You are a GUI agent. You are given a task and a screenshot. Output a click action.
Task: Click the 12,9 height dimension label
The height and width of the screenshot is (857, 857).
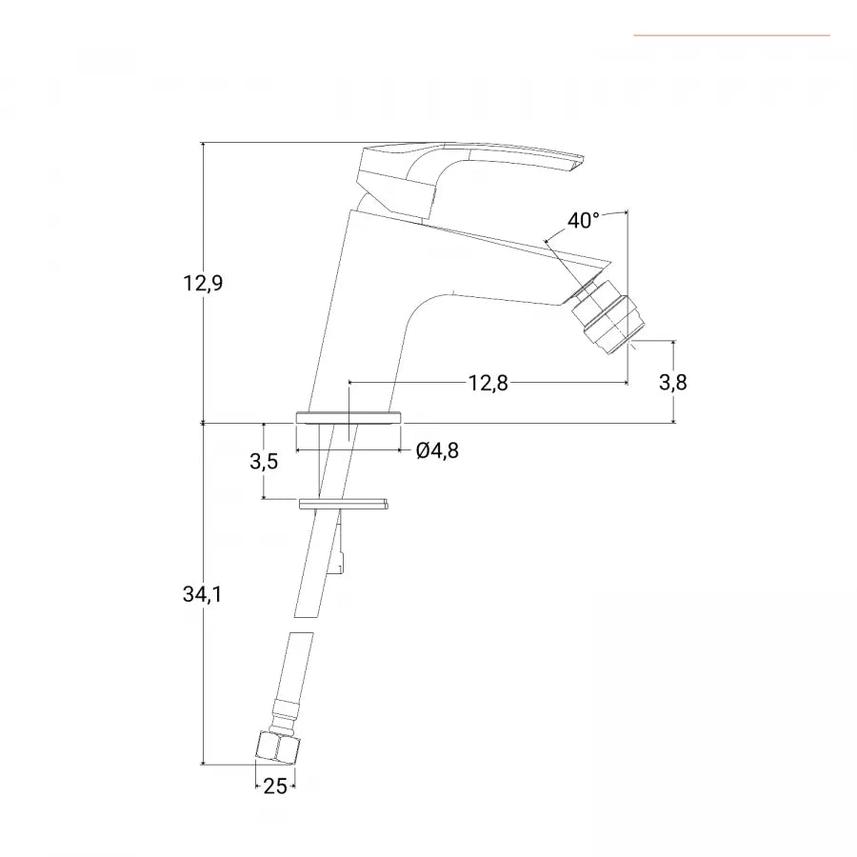203,283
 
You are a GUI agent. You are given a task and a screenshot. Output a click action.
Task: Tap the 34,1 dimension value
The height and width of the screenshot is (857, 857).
202,594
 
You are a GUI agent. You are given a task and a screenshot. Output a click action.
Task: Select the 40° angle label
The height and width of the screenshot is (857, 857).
583,220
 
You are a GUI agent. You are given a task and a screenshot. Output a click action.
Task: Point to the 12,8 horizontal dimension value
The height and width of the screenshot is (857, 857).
488,383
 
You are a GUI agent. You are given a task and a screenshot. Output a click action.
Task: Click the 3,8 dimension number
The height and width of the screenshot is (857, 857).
673,382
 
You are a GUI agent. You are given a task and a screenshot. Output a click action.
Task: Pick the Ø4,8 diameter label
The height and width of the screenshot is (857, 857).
437,450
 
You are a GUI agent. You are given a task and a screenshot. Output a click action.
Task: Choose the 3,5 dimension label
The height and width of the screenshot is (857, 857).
264,461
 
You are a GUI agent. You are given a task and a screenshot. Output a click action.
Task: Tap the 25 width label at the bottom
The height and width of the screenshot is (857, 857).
275,786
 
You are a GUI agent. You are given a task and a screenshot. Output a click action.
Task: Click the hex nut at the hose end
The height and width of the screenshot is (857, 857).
278,748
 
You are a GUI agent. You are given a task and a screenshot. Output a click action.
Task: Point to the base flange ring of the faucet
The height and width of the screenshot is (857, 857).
349,418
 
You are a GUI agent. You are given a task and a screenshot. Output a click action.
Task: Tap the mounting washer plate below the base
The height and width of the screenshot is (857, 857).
344,504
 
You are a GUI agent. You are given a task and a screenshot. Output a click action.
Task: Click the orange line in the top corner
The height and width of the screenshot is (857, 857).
732,35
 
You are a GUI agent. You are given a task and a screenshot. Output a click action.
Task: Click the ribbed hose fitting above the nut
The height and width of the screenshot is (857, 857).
289,716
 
